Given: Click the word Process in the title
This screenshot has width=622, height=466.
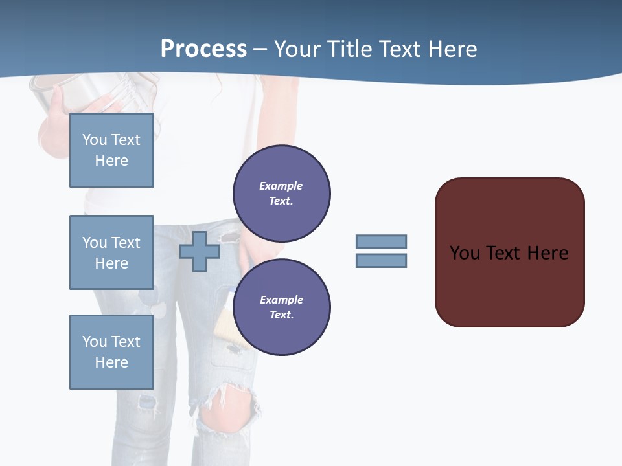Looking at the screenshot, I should click(203, 49).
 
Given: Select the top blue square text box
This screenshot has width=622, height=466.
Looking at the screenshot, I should click(111, 150).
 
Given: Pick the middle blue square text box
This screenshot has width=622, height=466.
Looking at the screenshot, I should click(111, 252).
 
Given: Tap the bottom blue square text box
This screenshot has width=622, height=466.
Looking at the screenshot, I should click(111, 352).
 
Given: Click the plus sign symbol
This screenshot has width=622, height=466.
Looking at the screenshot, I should click(200, 251).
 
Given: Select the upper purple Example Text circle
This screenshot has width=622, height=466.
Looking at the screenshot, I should click(281, 194).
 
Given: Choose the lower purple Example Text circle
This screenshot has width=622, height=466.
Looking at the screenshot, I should click(281, 307).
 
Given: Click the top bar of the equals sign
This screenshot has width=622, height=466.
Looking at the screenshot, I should click(381, 241).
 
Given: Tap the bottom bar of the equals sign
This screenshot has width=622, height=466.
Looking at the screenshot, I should click(381, 261).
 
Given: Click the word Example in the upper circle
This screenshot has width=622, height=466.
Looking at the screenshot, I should click(281, 186).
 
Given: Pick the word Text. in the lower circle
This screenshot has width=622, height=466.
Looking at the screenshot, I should click(281, 315).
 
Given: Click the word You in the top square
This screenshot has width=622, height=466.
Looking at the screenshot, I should click(95, 140).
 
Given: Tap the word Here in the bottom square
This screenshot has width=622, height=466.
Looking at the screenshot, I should click(111, 362).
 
